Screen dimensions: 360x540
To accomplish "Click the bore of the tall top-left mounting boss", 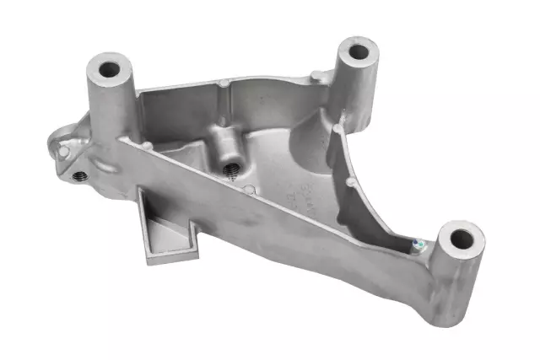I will [110, 66].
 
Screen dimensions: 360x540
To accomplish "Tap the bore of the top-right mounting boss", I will [359, 51].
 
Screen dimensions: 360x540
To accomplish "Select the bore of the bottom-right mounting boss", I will [461, 239].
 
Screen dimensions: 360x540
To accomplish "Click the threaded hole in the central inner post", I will [229, 167].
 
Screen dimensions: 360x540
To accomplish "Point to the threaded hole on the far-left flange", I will [80, 176].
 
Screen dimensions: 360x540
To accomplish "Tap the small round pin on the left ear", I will [63, 152].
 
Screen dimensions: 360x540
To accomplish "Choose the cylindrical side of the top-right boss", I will [359, 93].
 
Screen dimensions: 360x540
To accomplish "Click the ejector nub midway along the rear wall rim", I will [223, 83].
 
